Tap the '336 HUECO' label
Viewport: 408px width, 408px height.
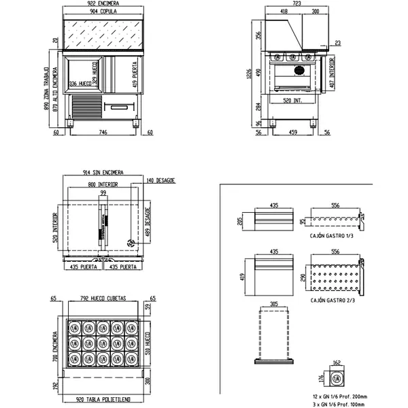[81, 84]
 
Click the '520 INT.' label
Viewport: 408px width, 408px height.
[293, 100]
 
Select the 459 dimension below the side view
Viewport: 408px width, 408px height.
[293, 133]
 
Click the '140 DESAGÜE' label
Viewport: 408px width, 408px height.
[162, 180]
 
